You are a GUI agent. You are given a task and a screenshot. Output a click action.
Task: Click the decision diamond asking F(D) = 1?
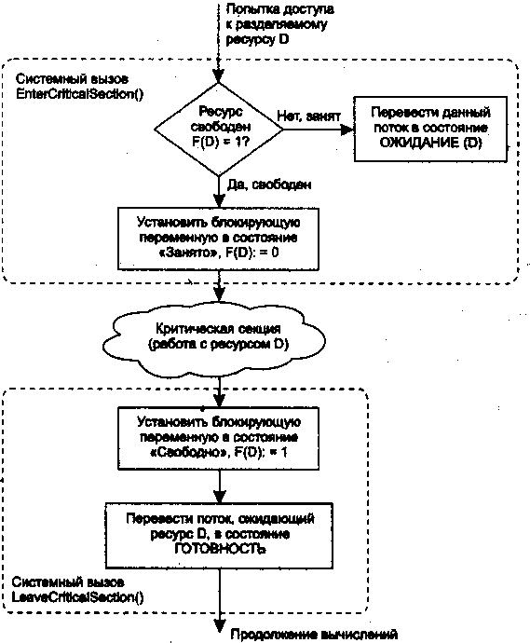[219, 130]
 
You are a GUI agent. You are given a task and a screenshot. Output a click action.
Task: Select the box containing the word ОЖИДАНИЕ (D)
[430, 129]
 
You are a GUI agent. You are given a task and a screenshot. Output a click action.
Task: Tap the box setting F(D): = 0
[219, 239]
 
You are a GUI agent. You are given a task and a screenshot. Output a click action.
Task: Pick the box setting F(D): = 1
[219, 438]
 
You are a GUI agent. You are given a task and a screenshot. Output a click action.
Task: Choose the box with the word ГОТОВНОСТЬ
[219, 536]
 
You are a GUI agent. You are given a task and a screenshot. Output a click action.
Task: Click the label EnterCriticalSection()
[80, 94]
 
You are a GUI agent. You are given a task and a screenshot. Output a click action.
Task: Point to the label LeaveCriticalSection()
[78, 597]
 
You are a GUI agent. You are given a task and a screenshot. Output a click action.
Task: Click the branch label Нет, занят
[308, 116]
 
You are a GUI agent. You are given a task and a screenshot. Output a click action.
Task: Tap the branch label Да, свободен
[269, 185]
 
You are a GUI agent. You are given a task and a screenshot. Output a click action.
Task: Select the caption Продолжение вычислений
[314, 635]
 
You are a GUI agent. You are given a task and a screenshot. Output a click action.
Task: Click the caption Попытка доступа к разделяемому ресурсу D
[279, 24]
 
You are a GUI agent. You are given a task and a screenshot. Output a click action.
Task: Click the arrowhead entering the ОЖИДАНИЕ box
[348, 130]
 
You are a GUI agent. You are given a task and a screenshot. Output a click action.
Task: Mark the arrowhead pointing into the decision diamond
[219, 76]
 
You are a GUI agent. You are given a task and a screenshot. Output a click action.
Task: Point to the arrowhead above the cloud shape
[220, 295]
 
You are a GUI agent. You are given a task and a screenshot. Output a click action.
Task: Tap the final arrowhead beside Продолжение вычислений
[220, 625]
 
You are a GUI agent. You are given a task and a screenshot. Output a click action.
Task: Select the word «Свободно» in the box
[187, 453]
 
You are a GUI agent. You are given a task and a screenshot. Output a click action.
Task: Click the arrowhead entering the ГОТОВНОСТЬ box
[220, 497]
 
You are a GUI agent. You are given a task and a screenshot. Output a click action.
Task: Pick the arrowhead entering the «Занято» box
[219, 201]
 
